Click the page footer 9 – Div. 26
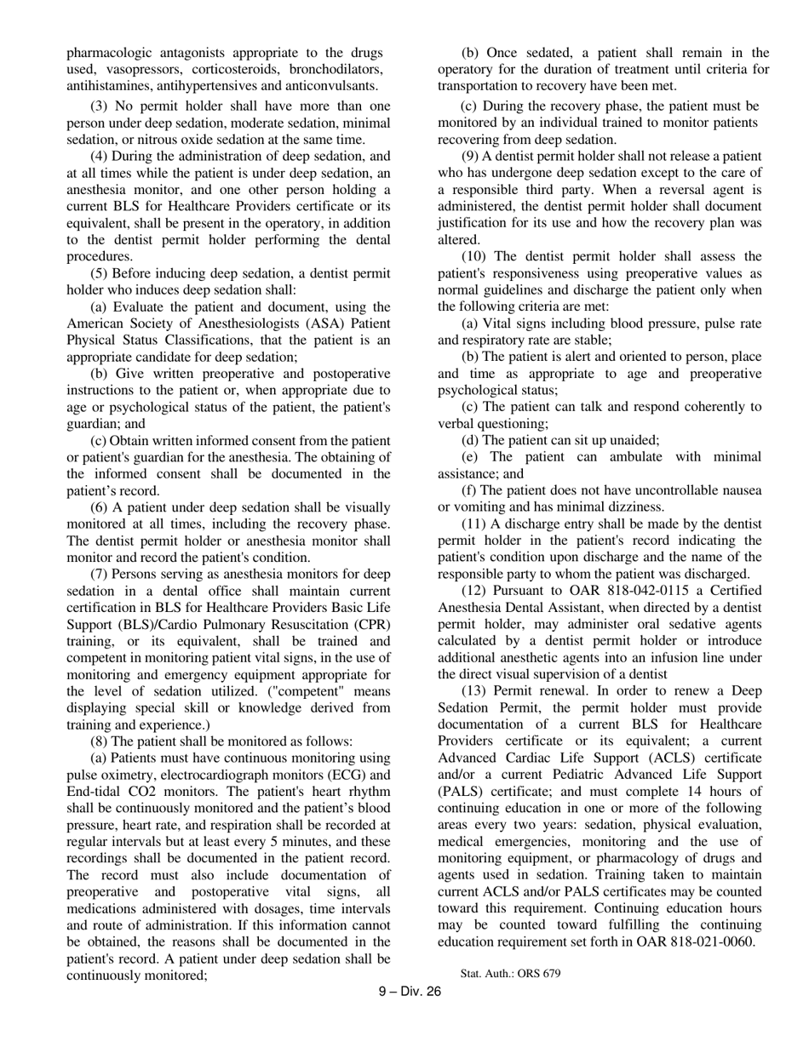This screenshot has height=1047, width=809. pyautogui.click(x=410, y=991)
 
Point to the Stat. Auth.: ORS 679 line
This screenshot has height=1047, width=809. pyautogui.click(x=510, y=973)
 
